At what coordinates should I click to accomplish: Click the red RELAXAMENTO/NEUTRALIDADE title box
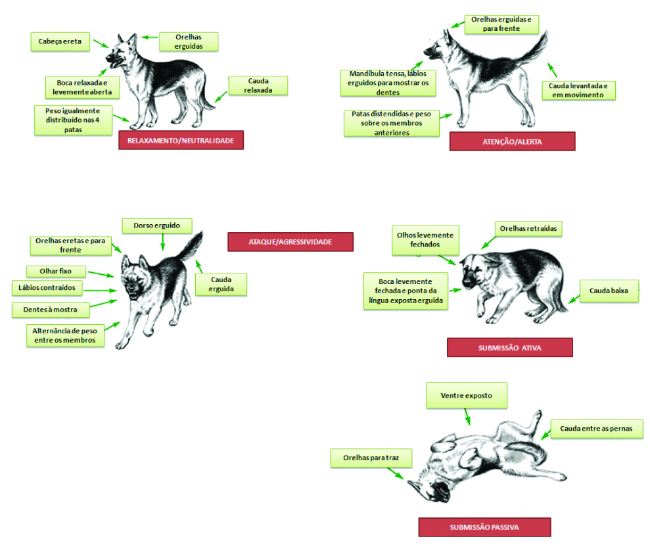click(x=181, y=140)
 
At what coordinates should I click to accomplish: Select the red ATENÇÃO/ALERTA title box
click(x=512, y=141)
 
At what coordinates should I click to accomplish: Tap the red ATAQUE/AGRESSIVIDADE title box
click(x=290, y=242)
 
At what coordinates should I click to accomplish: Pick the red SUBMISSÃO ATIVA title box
click(x=509, y=347)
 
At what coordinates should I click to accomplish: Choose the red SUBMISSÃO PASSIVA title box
click(x=484, y=527)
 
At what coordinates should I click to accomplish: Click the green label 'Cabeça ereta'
click(x=60, y=41)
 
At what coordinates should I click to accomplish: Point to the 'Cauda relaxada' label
click(x=258, y=85)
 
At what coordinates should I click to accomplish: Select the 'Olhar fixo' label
click(x=56, y=271)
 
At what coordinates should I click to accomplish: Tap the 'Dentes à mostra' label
click(x=51, y=310)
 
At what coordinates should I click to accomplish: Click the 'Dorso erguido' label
click(x=156, y=226)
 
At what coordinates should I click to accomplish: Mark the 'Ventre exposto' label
click(x=467, y=395)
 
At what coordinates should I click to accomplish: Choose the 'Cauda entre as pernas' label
click(x=597, y=429)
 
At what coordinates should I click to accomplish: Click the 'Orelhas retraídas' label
click(x=528, y=228)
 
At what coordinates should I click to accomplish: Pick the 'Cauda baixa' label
click(x=609, y=291)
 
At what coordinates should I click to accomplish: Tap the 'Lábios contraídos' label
click(x=47, y=288)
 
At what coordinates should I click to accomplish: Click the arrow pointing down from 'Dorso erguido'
click(x=162, y=242)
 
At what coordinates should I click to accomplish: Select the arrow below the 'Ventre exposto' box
click(x=467, y=417)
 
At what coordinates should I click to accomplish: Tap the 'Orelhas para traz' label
click(x=371, y=458)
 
